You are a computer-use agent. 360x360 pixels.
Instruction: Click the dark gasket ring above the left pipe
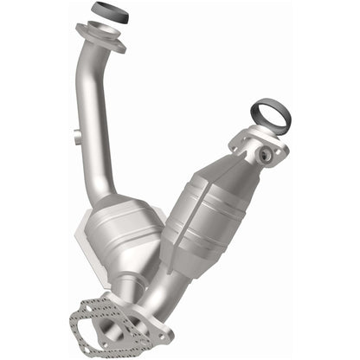106,13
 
